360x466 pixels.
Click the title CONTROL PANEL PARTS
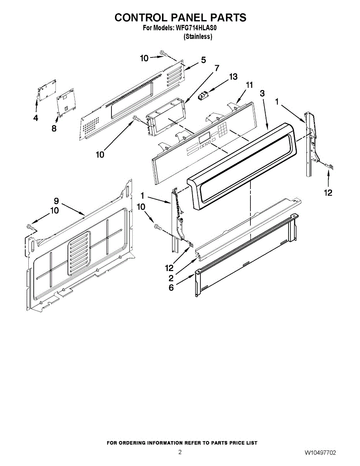tap(180, 17)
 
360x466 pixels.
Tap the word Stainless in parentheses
tap(198, 37)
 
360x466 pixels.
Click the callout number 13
tap(233, 77)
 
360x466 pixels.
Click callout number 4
tap(36, 118)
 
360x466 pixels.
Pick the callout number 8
tap(54, 129)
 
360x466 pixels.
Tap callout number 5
tap(203, 60)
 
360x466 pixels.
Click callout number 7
tap(217, 68)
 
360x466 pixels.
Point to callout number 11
tap(249, 85)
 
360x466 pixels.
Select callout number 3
tap(263, 93)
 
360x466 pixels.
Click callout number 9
tap(56, 201)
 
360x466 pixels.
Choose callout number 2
tap(171, 278)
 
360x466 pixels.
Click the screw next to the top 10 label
tap(163, 54)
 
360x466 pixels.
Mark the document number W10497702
tap(320, 453)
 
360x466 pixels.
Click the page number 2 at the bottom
tap(180, 452)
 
